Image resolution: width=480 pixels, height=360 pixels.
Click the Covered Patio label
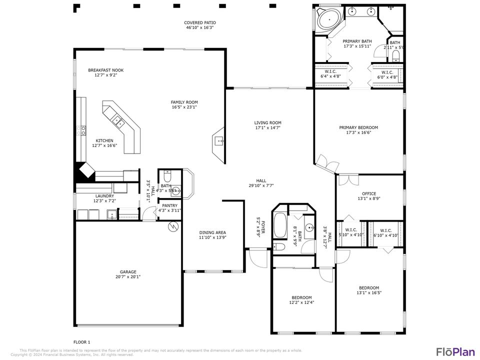tap(200, 23)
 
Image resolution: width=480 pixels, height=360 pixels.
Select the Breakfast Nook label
tap(105, 70)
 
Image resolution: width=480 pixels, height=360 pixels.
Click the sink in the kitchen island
tap(118, 119)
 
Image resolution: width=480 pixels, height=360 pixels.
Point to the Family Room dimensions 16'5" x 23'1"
tap(184, 107)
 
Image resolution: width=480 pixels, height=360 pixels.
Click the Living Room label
tap(268, 123)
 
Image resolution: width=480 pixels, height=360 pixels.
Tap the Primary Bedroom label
tap(358, 127)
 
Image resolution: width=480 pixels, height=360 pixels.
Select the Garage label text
tap(128, 272)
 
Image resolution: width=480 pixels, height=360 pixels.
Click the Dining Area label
tap(212, 232)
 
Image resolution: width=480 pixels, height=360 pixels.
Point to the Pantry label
tap(169, 205)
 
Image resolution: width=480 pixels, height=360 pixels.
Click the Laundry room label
tap(104, 196)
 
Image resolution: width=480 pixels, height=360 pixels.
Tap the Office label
tap(369, 194)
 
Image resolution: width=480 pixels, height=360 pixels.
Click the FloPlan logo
tap(455, 351)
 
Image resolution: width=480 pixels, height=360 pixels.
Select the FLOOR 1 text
tap(82, 342)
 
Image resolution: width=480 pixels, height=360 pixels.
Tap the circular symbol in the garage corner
tap(173, 227)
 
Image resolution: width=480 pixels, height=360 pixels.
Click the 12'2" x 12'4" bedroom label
tap(301, 297)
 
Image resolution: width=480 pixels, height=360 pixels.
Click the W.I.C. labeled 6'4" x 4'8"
tap(330, 72)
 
